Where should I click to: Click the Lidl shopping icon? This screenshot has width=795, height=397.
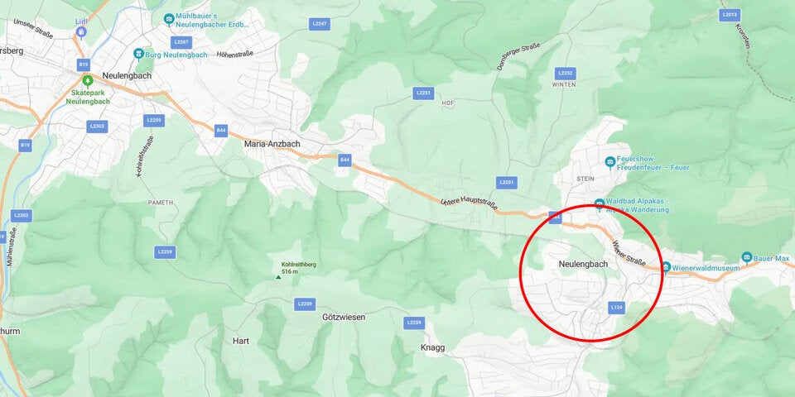(x=80, y=31)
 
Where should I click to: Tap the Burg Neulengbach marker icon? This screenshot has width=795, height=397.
(x=139, y=55)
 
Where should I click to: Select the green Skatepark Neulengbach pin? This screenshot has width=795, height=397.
(x=87, y=80)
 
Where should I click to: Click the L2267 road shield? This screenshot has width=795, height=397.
(x=181, y=41)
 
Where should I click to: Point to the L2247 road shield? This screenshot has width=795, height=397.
(x=320, y=24)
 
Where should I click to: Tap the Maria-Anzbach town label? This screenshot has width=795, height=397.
(x=272, y=143)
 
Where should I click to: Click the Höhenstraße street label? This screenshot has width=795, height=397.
(x=234, y=54)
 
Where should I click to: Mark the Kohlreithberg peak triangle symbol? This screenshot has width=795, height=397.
(x=278, y=277)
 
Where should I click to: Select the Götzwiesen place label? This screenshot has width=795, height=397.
(x=344, y=317)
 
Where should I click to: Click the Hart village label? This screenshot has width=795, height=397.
(x=241, y=340)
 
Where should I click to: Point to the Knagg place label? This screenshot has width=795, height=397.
(x=432, y=347)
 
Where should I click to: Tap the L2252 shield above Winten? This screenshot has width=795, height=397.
(x=565, y=73)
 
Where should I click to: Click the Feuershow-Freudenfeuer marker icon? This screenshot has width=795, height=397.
(x=610, y=161)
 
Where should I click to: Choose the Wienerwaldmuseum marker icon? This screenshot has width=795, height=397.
(x=665, y=266)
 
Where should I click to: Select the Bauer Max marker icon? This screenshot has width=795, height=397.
(x=747, y=258)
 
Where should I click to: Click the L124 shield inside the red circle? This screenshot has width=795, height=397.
(x=616, y=307)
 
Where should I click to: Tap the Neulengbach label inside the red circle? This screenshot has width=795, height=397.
(x=583, y=264)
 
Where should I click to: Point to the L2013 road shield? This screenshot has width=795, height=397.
(x=729, y=14)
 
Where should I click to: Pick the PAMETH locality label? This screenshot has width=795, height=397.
(x=161, y=202)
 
